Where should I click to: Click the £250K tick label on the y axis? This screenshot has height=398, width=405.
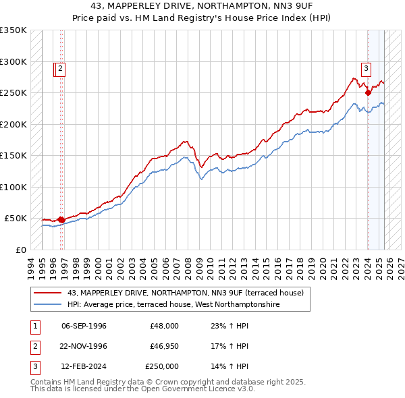13,93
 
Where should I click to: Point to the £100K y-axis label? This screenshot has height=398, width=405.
13,187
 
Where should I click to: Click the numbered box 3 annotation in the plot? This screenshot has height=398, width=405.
366,67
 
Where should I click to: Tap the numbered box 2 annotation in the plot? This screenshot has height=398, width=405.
60,67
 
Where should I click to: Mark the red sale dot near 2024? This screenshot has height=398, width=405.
368,93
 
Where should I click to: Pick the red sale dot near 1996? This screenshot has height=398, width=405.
61,219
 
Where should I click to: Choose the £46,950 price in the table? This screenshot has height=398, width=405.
162,346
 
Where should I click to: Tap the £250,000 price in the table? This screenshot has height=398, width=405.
162,366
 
